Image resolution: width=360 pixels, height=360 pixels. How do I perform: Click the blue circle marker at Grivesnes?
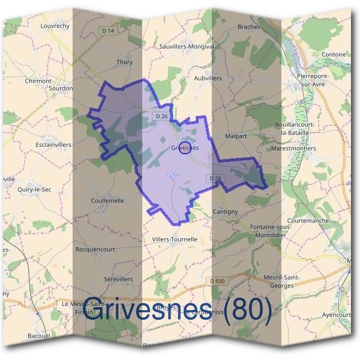click(x=185, y=148)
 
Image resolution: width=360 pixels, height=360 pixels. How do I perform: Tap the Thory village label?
click(x=125, y=62)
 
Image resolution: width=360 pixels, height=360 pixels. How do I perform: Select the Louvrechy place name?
click(x=55, y=26)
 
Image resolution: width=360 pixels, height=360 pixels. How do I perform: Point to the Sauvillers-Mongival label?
click(x=187, y=46)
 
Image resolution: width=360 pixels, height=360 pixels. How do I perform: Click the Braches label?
click(x=248, y=27)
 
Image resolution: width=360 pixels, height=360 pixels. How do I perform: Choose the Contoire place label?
click(x=334, y=54)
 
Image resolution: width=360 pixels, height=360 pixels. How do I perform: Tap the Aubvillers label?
click(x=208, y=78)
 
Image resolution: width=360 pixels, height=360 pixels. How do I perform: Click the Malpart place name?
click(x=236, y=136)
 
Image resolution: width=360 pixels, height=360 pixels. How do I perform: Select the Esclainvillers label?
click(x=53, y=145)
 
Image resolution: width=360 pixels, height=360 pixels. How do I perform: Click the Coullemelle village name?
click(x=107, y=200)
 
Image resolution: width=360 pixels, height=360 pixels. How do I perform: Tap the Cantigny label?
click(x=226, y=212)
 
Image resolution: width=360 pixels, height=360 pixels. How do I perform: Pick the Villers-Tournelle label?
click(x=175, y=239)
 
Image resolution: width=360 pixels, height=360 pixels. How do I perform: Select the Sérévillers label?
click(x=118, y=279)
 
